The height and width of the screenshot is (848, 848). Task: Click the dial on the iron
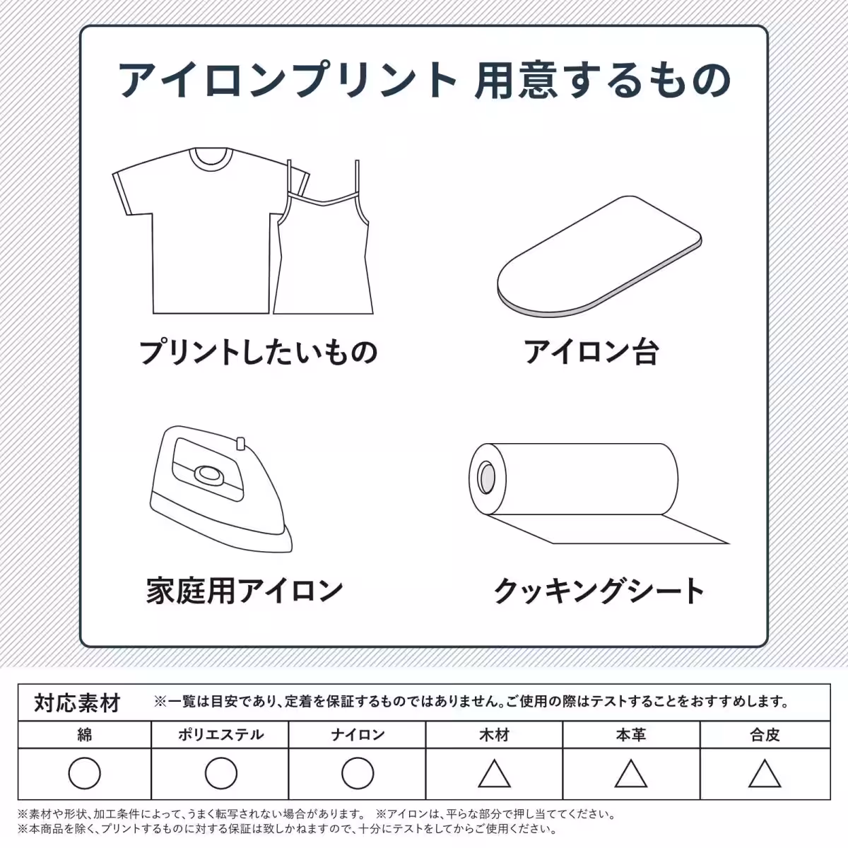tap(208, 475)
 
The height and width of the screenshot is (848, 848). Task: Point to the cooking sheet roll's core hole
tap(486, 478)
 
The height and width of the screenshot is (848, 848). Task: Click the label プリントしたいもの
tap(259, 352)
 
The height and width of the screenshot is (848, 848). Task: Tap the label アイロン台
tap(591, 352)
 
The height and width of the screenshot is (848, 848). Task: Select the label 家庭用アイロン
tap(245, 591)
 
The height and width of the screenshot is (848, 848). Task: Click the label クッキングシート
tap(599, 591)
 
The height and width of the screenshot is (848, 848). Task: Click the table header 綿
tap(85, 735)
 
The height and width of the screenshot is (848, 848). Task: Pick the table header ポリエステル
tap(220, 735)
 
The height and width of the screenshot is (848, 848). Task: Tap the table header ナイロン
tap(358, 735)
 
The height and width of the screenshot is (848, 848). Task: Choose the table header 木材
tap(494, 735)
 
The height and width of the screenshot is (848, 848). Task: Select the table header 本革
tap(631, 735)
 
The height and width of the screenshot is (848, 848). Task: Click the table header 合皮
tap(765, 735)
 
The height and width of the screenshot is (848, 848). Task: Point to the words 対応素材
tap(77, 703)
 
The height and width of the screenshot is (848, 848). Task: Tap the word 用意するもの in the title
tap(603, 81)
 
